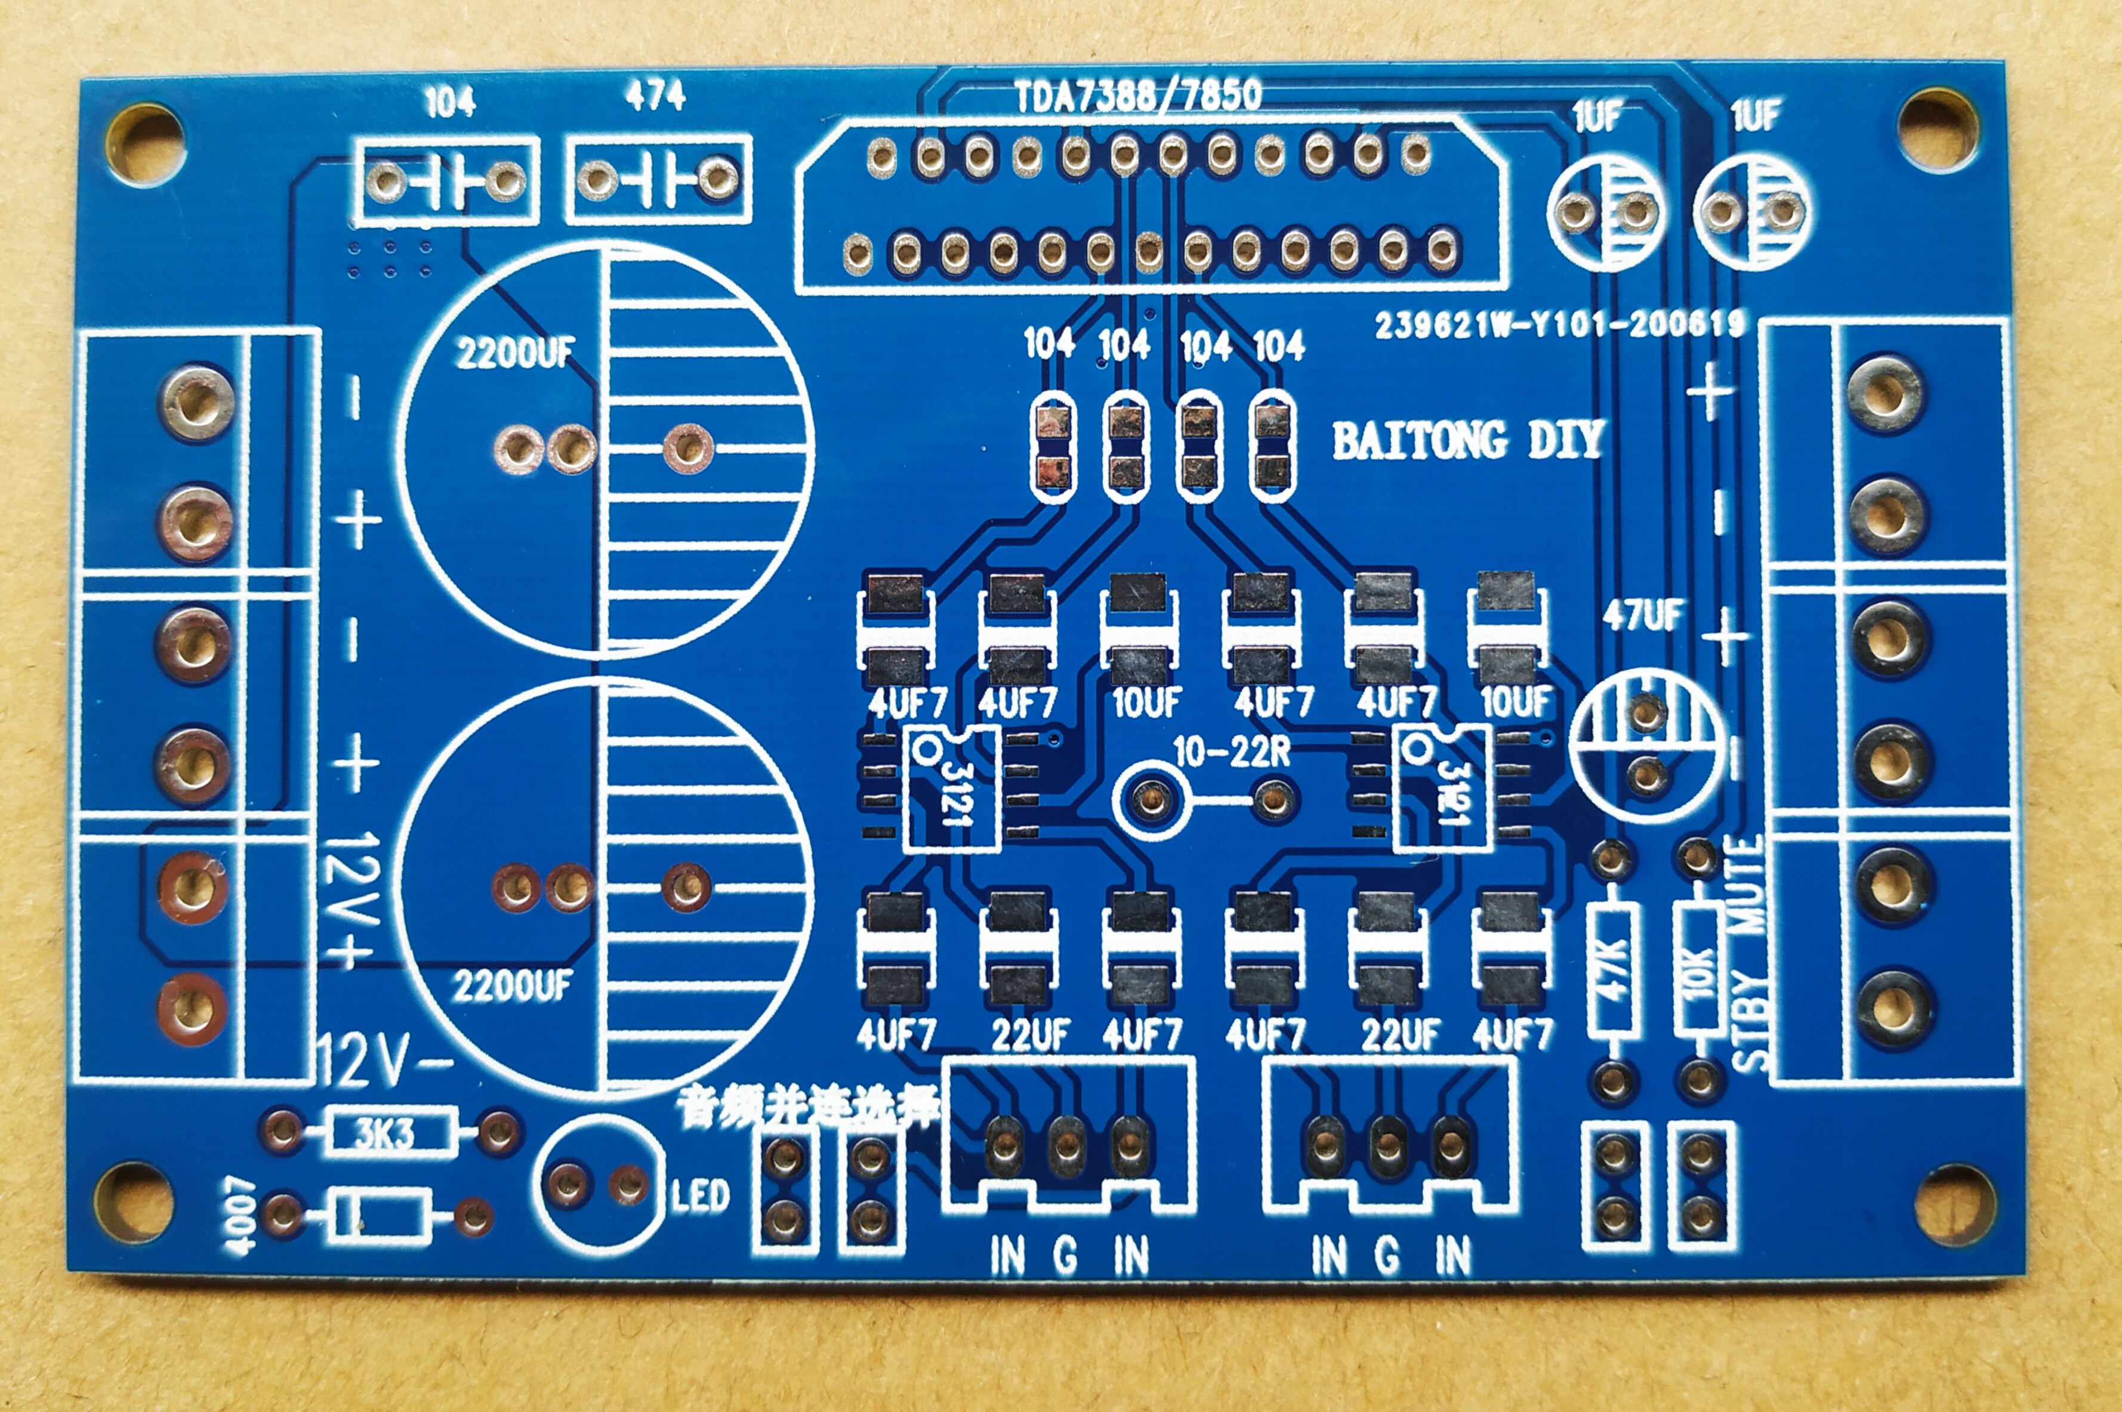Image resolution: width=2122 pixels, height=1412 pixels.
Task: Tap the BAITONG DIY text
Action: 1467,440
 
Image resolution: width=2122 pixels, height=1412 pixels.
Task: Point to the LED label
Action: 700,1196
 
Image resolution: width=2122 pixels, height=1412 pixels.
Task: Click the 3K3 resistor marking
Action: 385,1133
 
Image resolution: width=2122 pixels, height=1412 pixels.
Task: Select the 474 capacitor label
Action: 656,95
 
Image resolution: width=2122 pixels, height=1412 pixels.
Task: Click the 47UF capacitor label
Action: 1642,616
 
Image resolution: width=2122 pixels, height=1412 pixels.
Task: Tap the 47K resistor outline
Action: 1612,969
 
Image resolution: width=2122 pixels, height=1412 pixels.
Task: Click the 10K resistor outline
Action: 1699,969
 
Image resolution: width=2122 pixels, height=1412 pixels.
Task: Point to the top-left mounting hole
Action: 144,143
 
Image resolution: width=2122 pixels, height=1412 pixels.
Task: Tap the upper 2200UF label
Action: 514,353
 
